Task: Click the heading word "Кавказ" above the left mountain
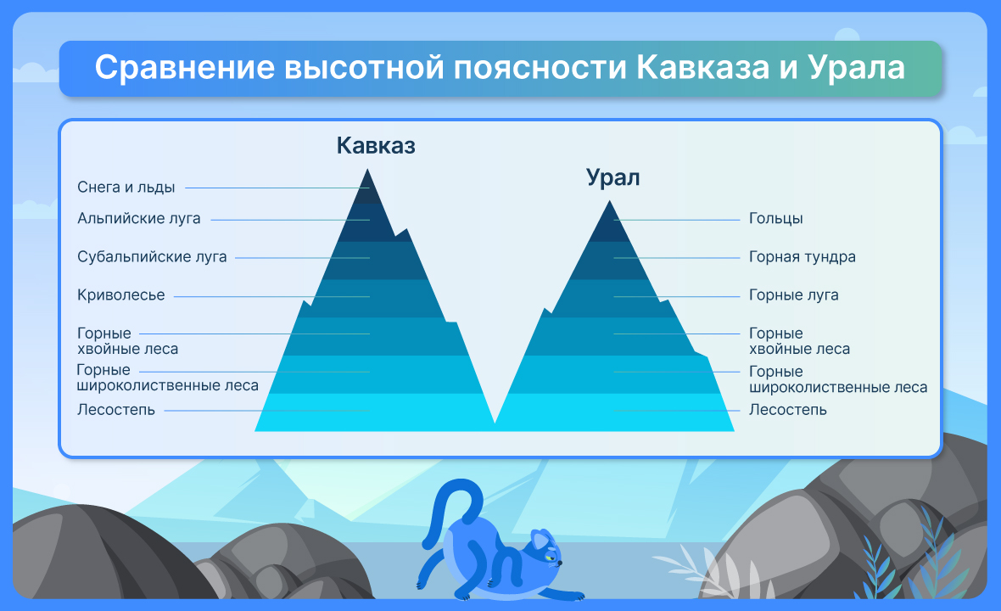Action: click(x=375, y=146)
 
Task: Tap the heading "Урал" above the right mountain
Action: click(x=612, y=177)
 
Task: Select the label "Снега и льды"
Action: click(x=126, y=187)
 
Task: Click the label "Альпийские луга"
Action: click(x=138, y=219)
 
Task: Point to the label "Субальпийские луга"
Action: click(x=152, y=256)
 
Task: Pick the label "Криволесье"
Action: click(x=120, y=295)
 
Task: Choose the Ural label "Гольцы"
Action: click(x=775, y=219)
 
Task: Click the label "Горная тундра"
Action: click(x=802, y=256)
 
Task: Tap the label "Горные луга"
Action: click(x=793, y=295)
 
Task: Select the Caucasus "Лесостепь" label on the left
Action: click(x=116, y=410)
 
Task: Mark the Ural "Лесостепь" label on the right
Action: click(x=788, y=410)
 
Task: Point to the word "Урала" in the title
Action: click(x=856, y=68)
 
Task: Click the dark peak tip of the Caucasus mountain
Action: click(x=367, y=169)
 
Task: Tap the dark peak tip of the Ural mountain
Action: click(x=610, y=201)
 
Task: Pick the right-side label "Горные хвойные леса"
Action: click(x=799, y=341)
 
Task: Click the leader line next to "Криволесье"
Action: click(x=272, y=296)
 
